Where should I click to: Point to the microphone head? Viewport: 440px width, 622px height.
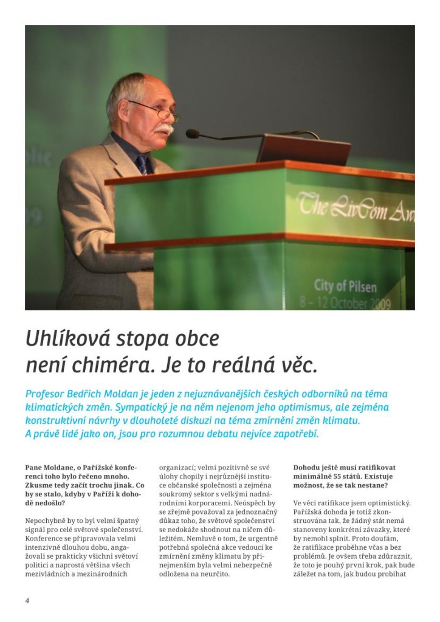tap(193, 134)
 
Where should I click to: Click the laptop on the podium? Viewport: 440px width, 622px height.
tap(303, 149)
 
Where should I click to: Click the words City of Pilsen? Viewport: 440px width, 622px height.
tap(345, 285)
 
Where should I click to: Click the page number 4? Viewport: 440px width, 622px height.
tap(27, 600)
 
